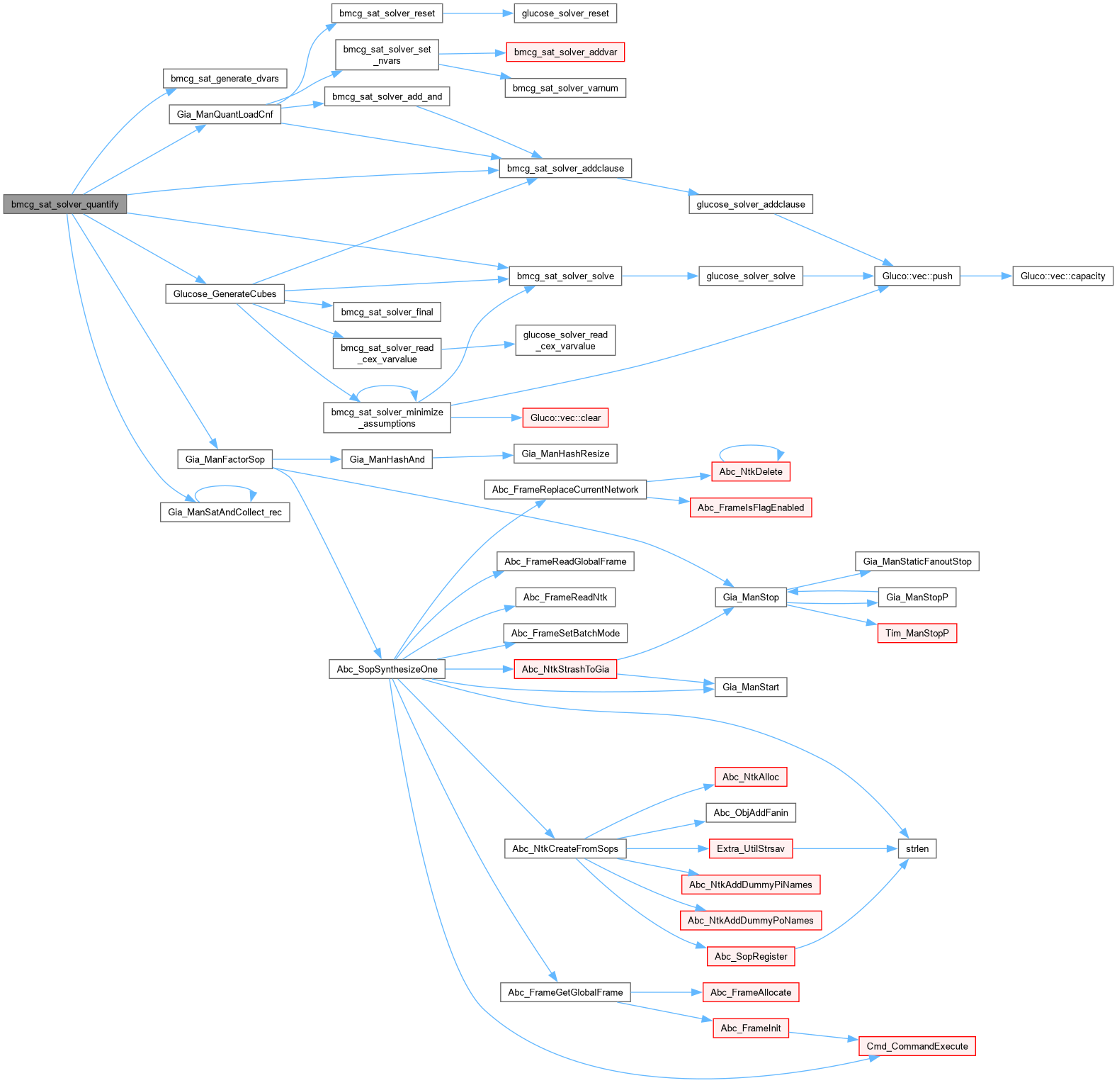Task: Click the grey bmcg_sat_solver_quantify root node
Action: pyautogui.click(x=64, y=204)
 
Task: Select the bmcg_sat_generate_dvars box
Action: pyautogui.click(x=225, y=79)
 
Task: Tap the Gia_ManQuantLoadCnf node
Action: pyautogui.click(x=225, y=114)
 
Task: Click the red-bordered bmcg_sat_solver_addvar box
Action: pyautogui.click(x=565, y=52)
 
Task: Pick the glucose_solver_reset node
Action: pyautogui.click(x=565, y=13)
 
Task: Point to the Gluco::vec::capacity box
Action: pyautogui.click(x=1062, y=276)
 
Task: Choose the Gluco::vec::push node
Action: pyautogui.click(x=917, y=276)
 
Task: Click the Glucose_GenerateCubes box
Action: pyautogui.click(x=225, y=293)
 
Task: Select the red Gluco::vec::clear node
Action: pyautogui.click(x=565, y=417)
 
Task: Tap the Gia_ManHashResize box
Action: pyautogui.click(x=565, y=454)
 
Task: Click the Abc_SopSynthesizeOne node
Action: pyautogui.click(x=387, y=669)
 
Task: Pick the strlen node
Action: pyautogui.click(x=917, y=848)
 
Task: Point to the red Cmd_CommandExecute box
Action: pyautogui.click(x=917, y=1046)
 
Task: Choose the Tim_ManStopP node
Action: pyautogui.click(x=917, y=633)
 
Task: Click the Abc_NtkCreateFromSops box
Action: pyautogui.click(x=565, y=848)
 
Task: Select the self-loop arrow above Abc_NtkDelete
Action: pyautogui.click(x=751, y=447)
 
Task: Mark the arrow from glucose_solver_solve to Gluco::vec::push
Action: pyautogui.click(x=839, y=276)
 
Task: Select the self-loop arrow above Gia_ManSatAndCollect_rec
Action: pyautogui.click(x=225, y=487)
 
